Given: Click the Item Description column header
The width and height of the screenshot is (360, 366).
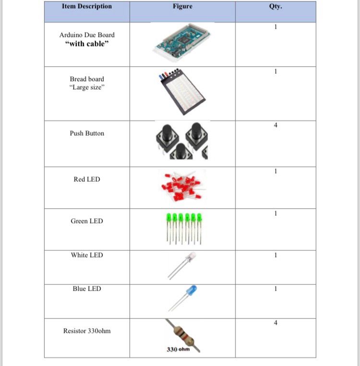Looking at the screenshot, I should coord(86,6).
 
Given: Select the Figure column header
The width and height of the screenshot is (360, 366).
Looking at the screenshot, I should coord(182,6).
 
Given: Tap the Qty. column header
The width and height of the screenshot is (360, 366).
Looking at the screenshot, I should coord(276,6).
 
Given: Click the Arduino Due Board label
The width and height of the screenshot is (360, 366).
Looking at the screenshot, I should coord(87,35).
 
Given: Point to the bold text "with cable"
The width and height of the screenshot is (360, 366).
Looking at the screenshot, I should coord(87,44).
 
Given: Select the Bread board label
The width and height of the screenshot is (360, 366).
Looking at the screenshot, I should coord(87,79).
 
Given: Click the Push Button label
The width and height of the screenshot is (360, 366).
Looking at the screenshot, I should coord(87,133).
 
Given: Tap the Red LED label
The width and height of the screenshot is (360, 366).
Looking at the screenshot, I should coord(87,179).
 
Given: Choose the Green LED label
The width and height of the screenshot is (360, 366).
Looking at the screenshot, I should coord(87,221).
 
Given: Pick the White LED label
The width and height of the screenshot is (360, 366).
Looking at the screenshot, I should coord(87,255).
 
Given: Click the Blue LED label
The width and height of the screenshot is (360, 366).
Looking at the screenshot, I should coord(87,289).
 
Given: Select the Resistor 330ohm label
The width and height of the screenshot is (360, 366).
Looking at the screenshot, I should coord(87,331).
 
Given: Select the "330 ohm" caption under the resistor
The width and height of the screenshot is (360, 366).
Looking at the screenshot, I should coord(178,349).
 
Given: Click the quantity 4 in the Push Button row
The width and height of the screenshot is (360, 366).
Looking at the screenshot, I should coord(276,126).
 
